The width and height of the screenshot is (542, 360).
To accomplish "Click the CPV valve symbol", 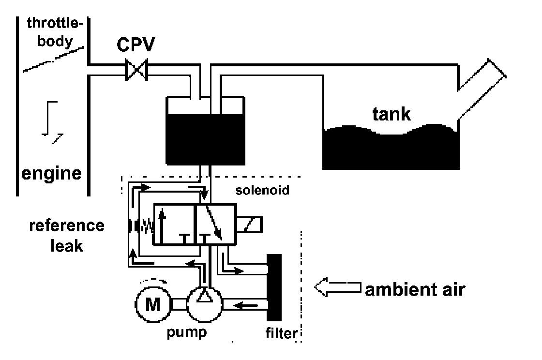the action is tap(136, 70).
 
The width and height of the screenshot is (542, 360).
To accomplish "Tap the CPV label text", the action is tap(136, 44).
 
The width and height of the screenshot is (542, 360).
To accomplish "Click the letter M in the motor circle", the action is tap(153, 305).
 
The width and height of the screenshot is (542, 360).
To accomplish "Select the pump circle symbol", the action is tap(205, 304).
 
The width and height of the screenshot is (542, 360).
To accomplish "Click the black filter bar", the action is tap(274, 287).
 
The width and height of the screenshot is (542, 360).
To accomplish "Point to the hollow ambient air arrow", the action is tap(337, 287).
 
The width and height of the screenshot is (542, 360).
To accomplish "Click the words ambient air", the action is tap(415, 289).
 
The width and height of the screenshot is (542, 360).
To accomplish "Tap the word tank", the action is tap(391, 114).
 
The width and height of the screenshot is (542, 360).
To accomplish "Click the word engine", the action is tap(51, 174).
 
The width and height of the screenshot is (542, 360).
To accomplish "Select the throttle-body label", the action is tap(55, 32).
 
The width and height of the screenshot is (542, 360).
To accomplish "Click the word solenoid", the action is tap(262, 190).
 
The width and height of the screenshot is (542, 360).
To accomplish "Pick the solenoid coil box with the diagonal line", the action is tap(249, 225).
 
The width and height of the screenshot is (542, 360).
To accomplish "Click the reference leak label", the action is tap(67, 236).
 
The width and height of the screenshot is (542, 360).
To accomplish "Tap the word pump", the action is tap(187, 332).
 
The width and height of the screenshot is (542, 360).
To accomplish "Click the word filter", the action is tap(281, 333).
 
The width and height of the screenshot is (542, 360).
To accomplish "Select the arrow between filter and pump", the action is tap(246, 305).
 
